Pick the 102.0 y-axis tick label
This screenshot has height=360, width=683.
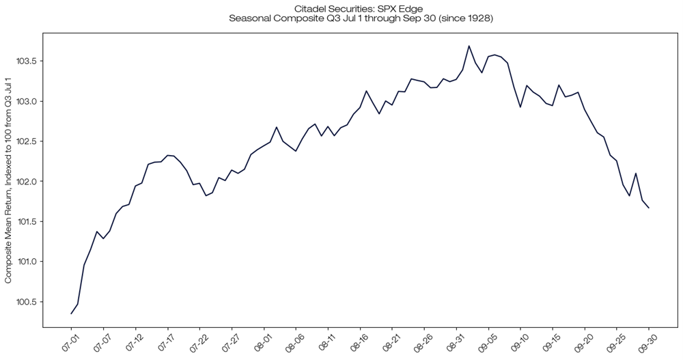coord(27,182)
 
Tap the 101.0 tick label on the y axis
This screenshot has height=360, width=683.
coord(27,262)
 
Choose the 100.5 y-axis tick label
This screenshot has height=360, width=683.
coord(27,302)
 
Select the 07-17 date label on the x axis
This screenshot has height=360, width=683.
coord(165,339)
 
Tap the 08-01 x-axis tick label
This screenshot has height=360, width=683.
coord(262,339)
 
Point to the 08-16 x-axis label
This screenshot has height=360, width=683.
coord(359,339)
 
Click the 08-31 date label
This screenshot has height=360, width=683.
coord(456,339)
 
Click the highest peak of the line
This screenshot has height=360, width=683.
coord(469,46)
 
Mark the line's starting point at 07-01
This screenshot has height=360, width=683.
coord(71,314)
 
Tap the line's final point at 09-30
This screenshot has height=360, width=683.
coord(649,208)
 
